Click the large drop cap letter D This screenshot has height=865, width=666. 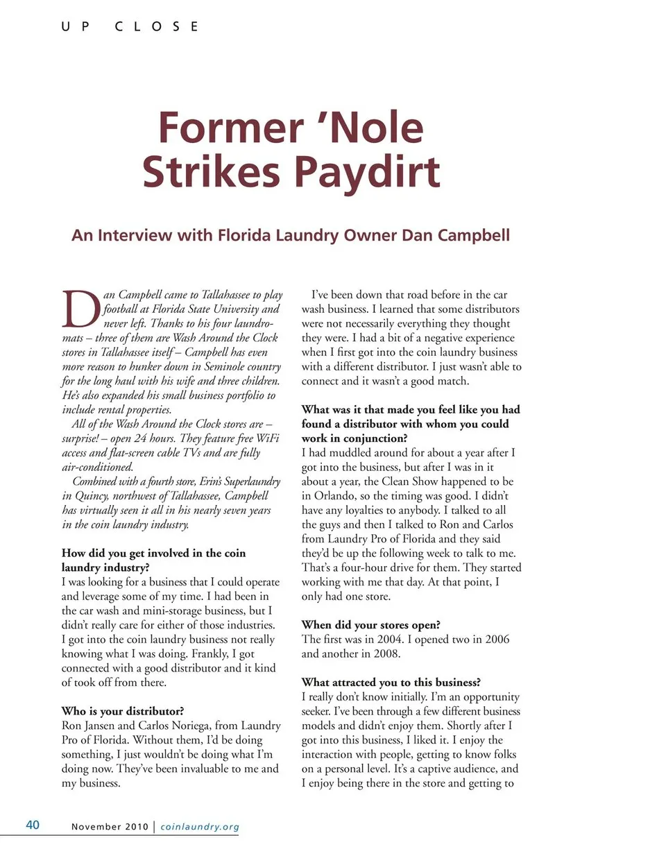pos(81,309)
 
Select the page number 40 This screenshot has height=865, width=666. pos(33,825)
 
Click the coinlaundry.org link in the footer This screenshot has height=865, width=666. pos(200,827)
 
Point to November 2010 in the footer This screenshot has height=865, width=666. pos(110,827)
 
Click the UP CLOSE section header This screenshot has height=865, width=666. pos(130,26)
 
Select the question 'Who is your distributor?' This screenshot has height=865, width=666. pos(123,711)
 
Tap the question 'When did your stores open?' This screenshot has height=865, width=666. pos(370,625)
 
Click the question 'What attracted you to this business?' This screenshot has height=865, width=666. pos(391,682)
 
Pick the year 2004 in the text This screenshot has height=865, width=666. pos(390,639)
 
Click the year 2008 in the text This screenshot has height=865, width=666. pos(386,653)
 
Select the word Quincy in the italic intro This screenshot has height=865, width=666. pos(92,496)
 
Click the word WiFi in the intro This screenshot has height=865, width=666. pos(267,438)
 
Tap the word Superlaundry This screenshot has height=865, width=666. pos(251,481)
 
